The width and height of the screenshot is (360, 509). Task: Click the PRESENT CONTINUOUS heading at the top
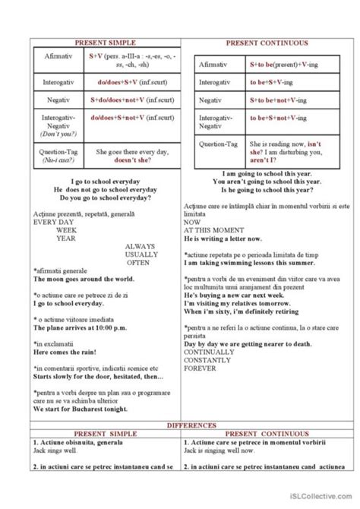265,43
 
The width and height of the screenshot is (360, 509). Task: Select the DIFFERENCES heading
180,425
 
